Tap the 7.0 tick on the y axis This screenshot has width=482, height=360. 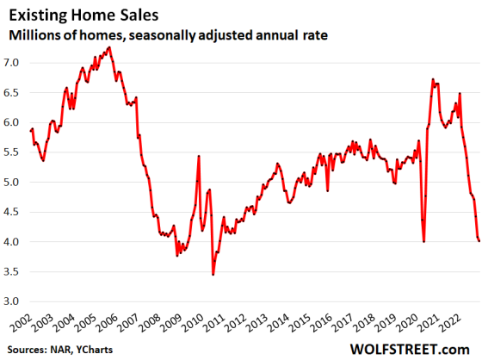point(14,63)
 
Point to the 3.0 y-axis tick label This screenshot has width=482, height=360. point(14,301)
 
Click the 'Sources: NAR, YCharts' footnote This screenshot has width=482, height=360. point(62,349)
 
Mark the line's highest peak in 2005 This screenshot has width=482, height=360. point(108,47)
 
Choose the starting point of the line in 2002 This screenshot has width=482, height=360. point(30,131)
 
